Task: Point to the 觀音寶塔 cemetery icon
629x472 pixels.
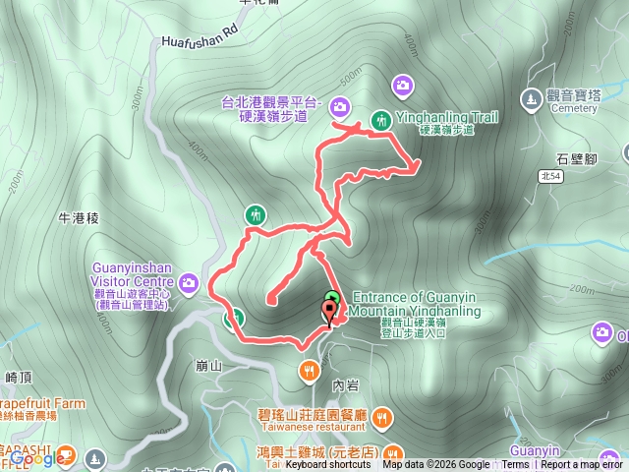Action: pyautogui.click(x=532, y=97)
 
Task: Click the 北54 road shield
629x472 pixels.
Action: pyautogui.click(x=552, y=175)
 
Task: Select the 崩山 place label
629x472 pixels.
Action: pyautogui.click(x=209, y=366)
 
